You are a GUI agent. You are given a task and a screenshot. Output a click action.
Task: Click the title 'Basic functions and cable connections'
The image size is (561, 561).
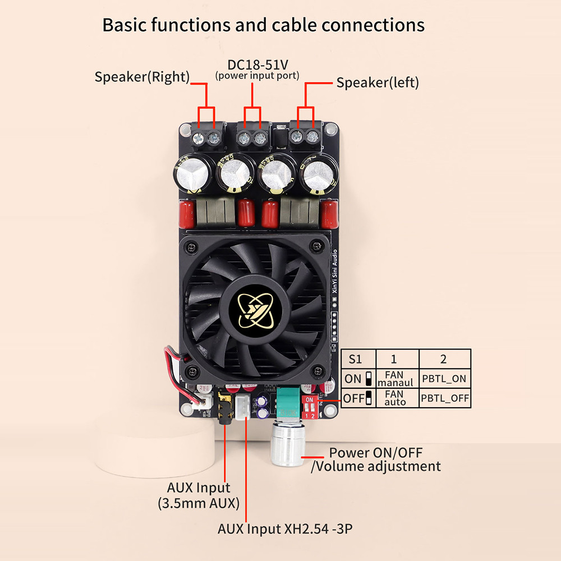click(264, 25)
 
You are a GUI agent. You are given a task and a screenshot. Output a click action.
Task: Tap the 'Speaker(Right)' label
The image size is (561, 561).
click(142, 77)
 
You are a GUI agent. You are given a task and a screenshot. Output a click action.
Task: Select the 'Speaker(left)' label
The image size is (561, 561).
click(378, 83)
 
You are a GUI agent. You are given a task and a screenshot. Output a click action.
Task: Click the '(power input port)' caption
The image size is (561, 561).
click(257, 75)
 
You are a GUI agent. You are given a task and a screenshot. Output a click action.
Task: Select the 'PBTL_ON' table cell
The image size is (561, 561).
click(445, 378)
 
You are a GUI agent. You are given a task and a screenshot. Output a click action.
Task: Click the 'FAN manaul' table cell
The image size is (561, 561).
click(395, 378)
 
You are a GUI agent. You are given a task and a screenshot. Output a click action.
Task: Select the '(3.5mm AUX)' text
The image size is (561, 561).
click(199, 503)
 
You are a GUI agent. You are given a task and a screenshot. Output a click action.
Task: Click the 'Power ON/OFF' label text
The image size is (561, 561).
click(375, 452)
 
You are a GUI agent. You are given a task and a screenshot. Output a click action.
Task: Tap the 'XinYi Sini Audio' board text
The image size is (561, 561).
click(335, 272)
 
